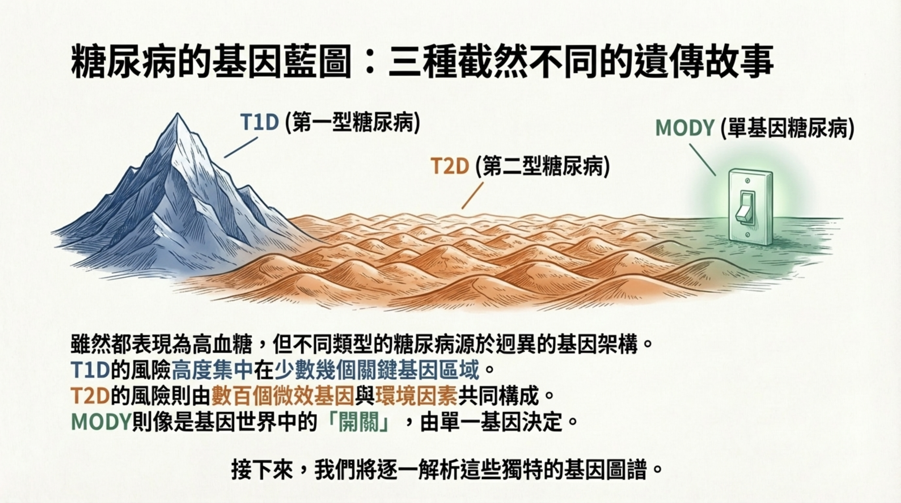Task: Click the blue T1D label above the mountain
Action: click(x=259, y=122)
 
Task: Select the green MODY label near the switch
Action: click(x=684, y=128)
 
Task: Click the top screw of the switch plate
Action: click(x=747, y=181)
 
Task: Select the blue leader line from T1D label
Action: click(x=241, y=147)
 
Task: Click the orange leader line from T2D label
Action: click(x=473, y=196)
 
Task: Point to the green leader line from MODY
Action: click(x=702, y=160)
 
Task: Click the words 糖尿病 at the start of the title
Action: click(x=123, y=63)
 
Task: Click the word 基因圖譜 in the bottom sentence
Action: click(x=608, y=471)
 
